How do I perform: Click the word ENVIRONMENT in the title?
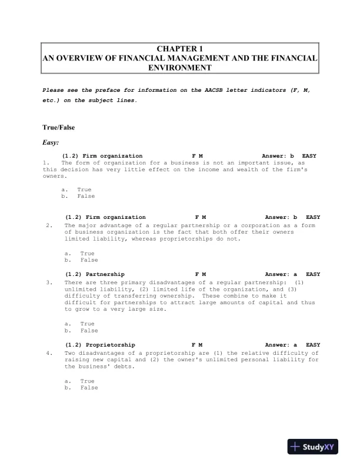click(x=180, y=68)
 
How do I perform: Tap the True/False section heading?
click(x=59, y=127)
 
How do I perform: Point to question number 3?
click(x=49, y=282)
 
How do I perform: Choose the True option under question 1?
click(x=84, y=189)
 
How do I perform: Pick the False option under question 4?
click(x=89, y=388)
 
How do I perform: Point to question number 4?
click(x=49, y=352)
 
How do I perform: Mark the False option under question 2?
click(x=89, y=259)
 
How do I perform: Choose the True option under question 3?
click(x=87, y=324)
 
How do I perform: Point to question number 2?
click(x=49, y=225)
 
